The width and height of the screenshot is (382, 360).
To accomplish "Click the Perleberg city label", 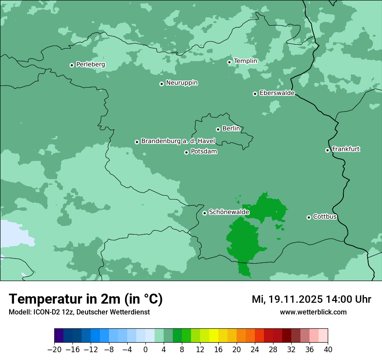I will [x=90, y=65].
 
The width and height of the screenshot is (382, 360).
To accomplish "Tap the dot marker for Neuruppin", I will [x=161, y=84].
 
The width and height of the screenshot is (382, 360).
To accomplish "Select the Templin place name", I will [x=245, y=61].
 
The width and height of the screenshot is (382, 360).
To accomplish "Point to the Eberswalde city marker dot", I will [x=255, y=94].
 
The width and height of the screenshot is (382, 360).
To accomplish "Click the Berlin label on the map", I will [x=231, y=129].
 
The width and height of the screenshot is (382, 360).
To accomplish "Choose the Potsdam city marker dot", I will [x=186, y=152].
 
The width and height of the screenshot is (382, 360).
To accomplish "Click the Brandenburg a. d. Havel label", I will [x=178, y=141].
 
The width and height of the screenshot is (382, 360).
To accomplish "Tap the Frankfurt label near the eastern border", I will [x=346, y=149].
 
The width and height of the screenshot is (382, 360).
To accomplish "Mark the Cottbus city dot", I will [x=309, y=217].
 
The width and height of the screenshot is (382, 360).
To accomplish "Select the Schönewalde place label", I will [x=229, y=212].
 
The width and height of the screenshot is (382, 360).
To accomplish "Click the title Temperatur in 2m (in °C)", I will [x=86, y=299].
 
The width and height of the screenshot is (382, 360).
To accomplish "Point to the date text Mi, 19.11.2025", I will [x=287, y=299].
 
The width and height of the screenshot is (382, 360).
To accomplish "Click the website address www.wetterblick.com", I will [x=313, y=312].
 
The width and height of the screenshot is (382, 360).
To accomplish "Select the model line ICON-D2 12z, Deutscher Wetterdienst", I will [x=79, y=312].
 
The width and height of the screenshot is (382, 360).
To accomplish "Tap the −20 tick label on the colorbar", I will [x=55, y=349].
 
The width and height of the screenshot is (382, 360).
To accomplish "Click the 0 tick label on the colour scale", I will [x=145, y=349].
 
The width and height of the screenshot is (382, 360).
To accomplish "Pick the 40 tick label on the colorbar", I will [x=328, y=349].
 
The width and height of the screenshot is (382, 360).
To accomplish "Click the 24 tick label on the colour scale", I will [x=255, y=349].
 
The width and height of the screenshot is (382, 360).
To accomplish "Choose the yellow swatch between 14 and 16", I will [x=214, y=336].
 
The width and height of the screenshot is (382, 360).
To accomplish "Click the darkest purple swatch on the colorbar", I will [x=59, y=336].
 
